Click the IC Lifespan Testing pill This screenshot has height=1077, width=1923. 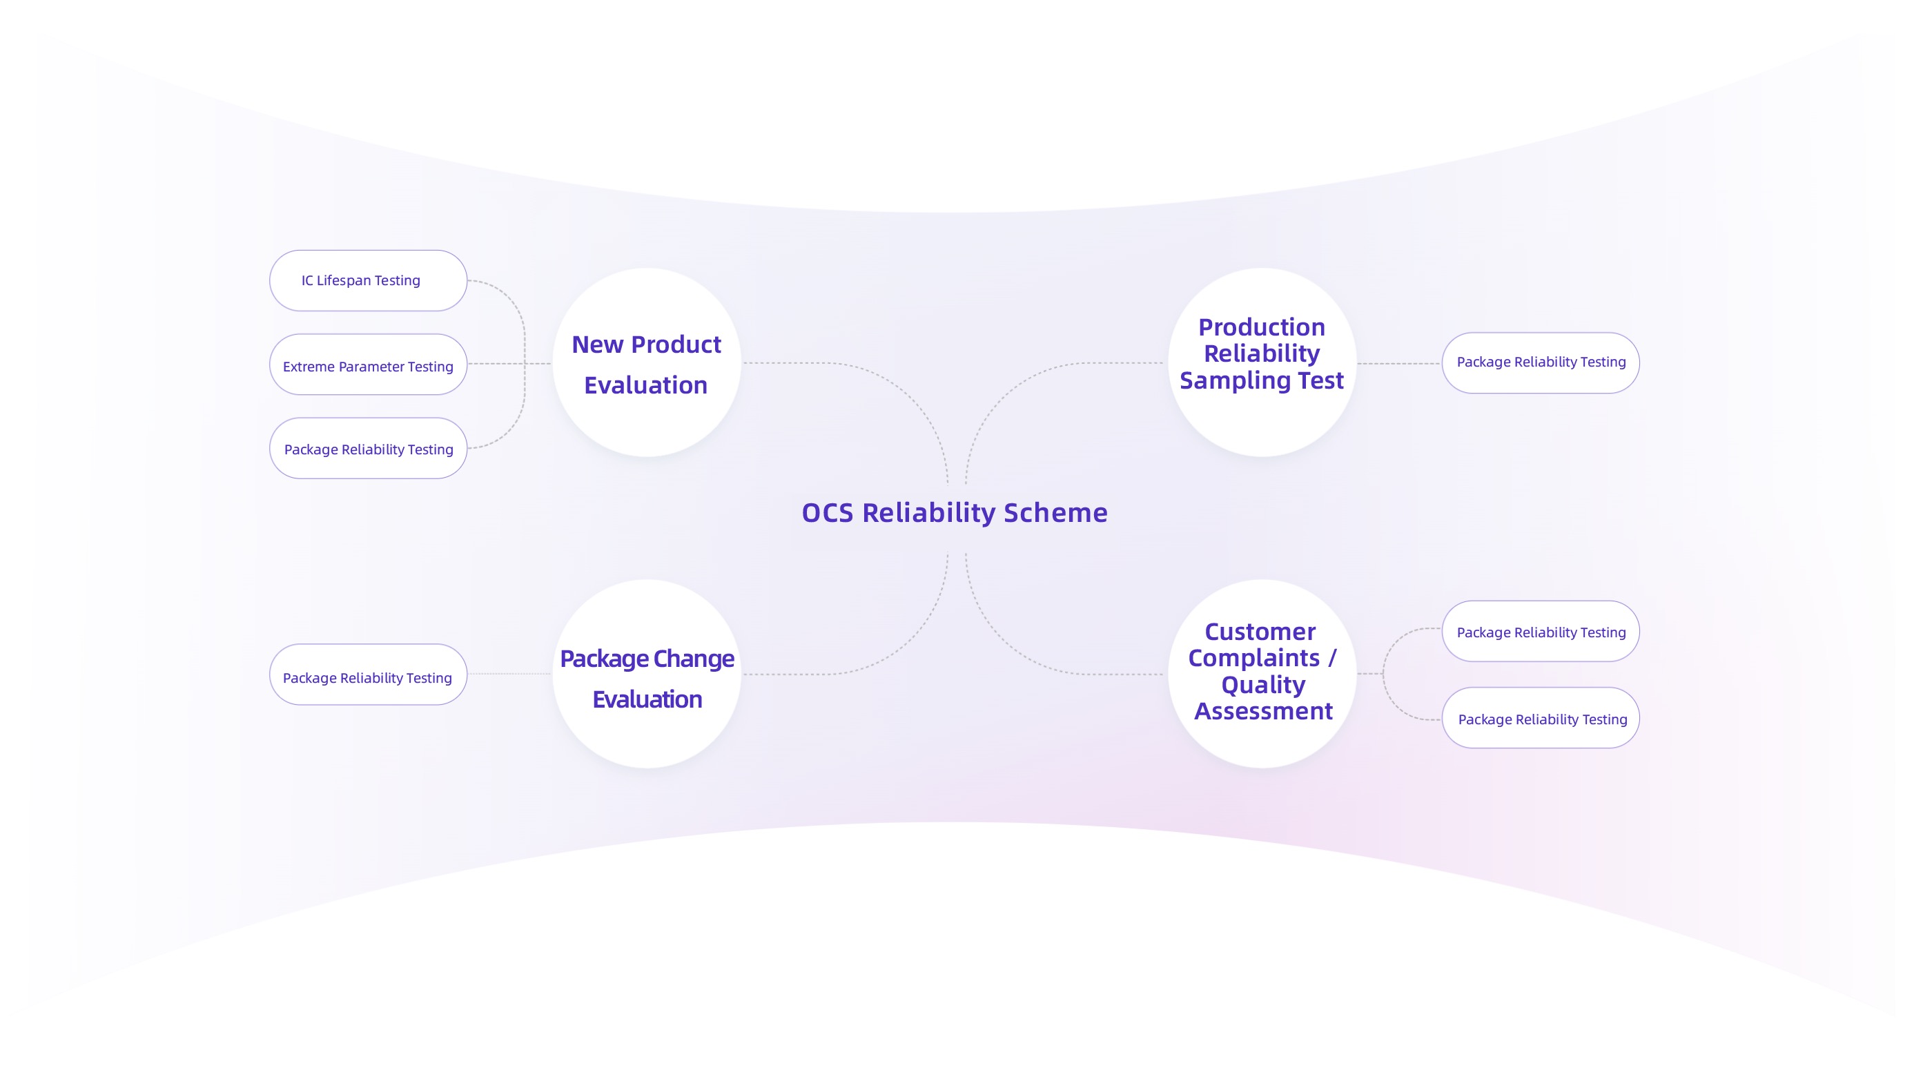368,281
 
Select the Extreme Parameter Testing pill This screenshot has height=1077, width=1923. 368,365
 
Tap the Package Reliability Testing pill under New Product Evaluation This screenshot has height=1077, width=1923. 368,449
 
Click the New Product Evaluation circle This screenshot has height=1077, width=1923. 647,364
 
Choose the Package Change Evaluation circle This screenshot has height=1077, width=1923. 647,675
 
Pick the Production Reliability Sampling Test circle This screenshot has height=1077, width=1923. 1262,364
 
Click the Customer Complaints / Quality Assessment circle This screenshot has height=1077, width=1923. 1262,674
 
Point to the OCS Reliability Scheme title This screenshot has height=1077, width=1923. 954,513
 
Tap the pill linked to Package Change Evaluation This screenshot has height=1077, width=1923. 368,675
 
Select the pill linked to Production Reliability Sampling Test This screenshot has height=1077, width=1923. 1540,363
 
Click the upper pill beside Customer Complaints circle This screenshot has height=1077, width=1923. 1540,632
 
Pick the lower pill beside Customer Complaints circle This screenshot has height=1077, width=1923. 1540,719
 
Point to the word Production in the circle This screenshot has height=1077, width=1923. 1262,327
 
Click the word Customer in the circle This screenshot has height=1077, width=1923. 1260,632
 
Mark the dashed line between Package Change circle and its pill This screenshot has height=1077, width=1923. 510,675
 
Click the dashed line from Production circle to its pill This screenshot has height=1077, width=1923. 1398,364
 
